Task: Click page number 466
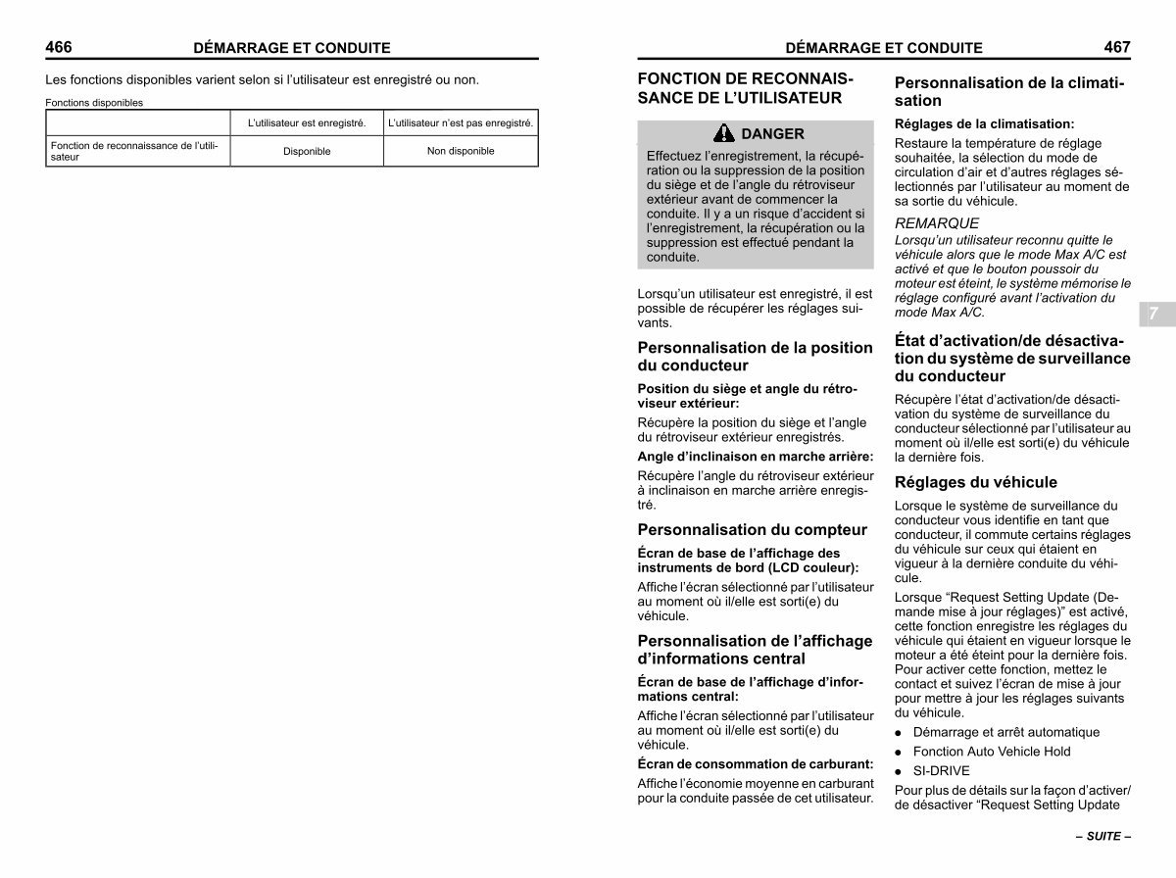(x=59, y=46)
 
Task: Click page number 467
(x=1116, y=46)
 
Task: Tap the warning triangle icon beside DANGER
(x=724, y=133)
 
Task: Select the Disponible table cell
(x=307, y=152)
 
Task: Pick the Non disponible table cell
(x=461, y=151)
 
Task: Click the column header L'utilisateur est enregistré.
(x=307, y=123)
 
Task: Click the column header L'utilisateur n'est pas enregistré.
(x=461, y=123)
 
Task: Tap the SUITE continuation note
(x=1102, y=837)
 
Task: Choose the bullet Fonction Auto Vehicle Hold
(x=991, y=752)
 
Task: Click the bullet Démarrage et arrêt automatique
(x=1005, y=732)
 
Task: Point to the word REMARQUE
(x=936, y=223)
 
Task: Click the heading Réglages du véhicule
(x=975, y=482)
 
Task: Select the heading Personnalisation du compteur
(x=752, y=530)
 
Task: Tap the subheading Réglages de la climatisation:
(x=984, y=124)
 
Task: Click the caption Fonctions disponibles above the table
(x=94, y=102)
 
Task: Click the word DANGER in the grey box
(x=772, y=134)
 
